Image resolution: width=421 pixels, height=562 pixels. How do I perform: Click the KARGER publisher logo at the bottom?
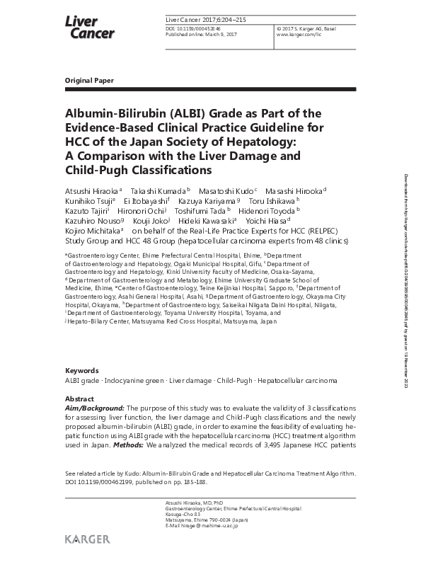[88, 539]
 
